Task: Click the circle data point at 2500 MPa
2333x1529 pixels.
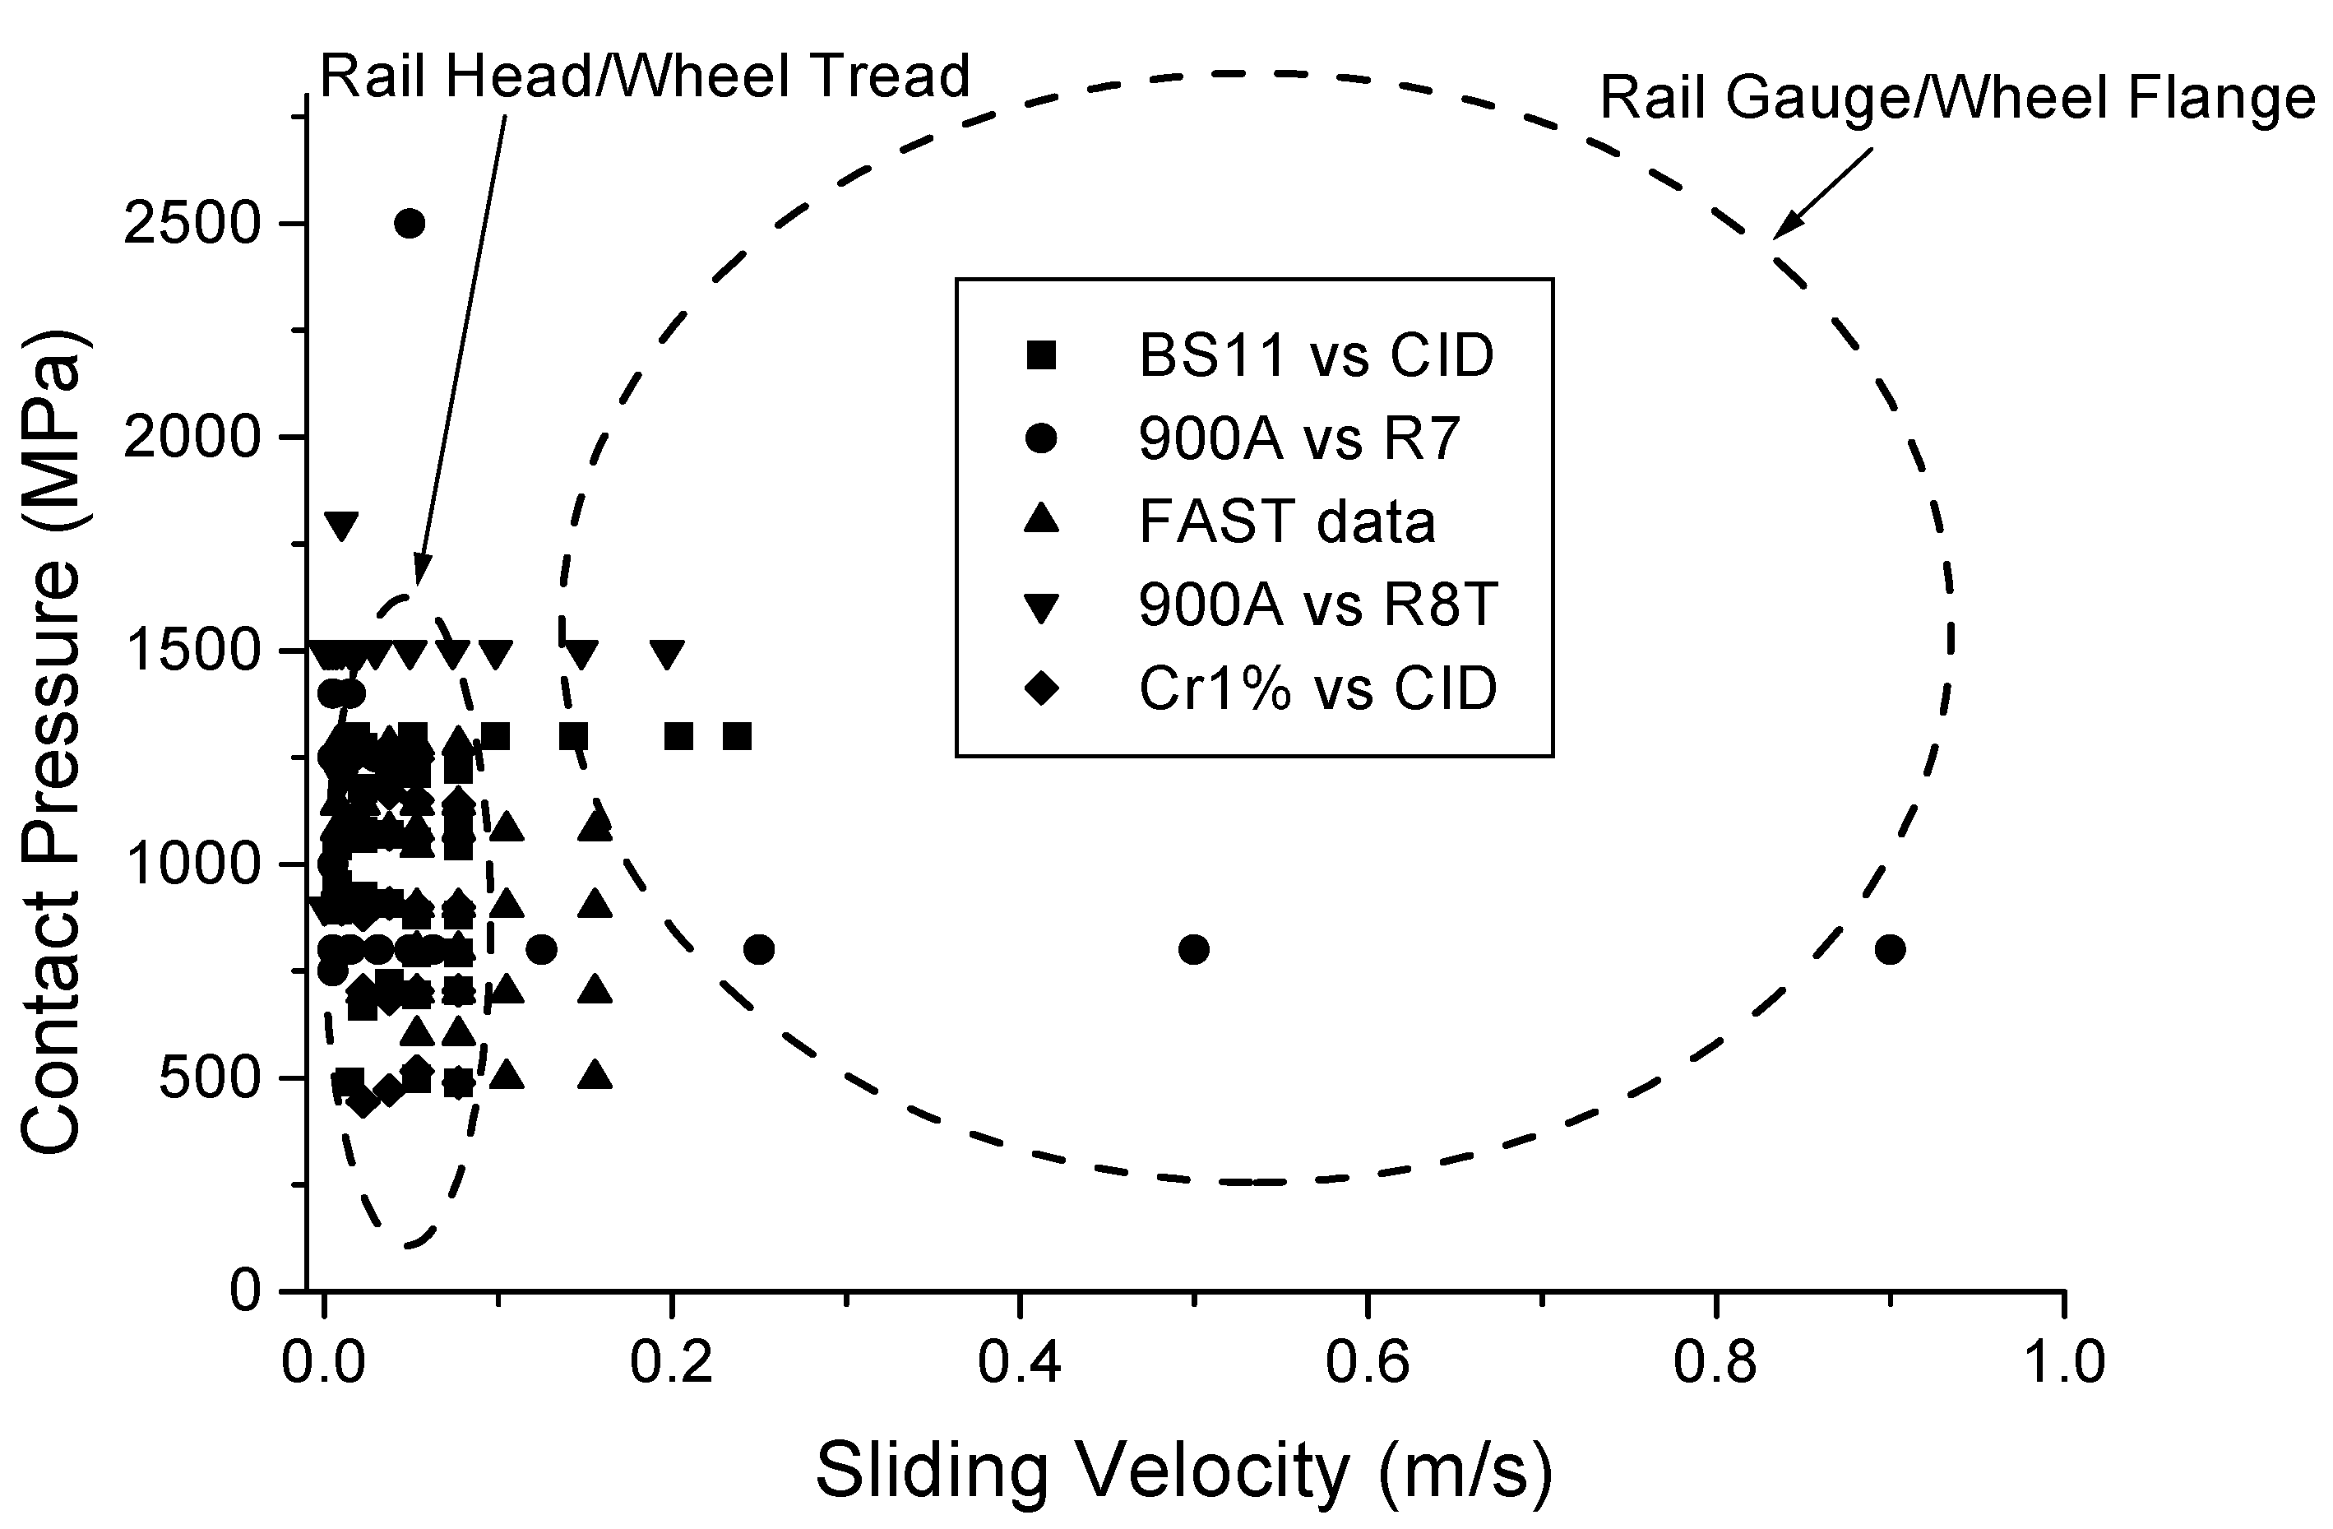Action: (409, 224)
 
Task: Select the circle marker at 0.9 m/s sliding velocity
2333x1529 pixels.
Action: (1890, 949)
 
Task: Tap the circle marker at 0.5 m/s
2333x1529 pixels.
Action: (1193, 949)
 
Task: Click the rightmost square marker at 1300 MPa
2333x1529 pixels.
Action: (737, 736)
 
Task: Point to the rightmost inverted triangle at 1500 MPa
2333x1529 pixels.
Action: (668, 654)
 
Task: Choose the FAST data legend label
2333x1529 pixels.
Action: (1287, 521)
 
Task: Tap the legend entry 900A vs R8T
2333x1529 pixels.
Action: (1317, 605)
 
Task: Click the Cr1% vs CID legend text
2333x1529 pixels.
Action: (1317, 688)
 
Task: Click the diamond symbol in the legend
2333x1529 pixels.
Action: (1041, 689)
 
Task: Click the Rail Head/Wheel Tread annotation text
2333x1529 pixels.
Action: (645, 76)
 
